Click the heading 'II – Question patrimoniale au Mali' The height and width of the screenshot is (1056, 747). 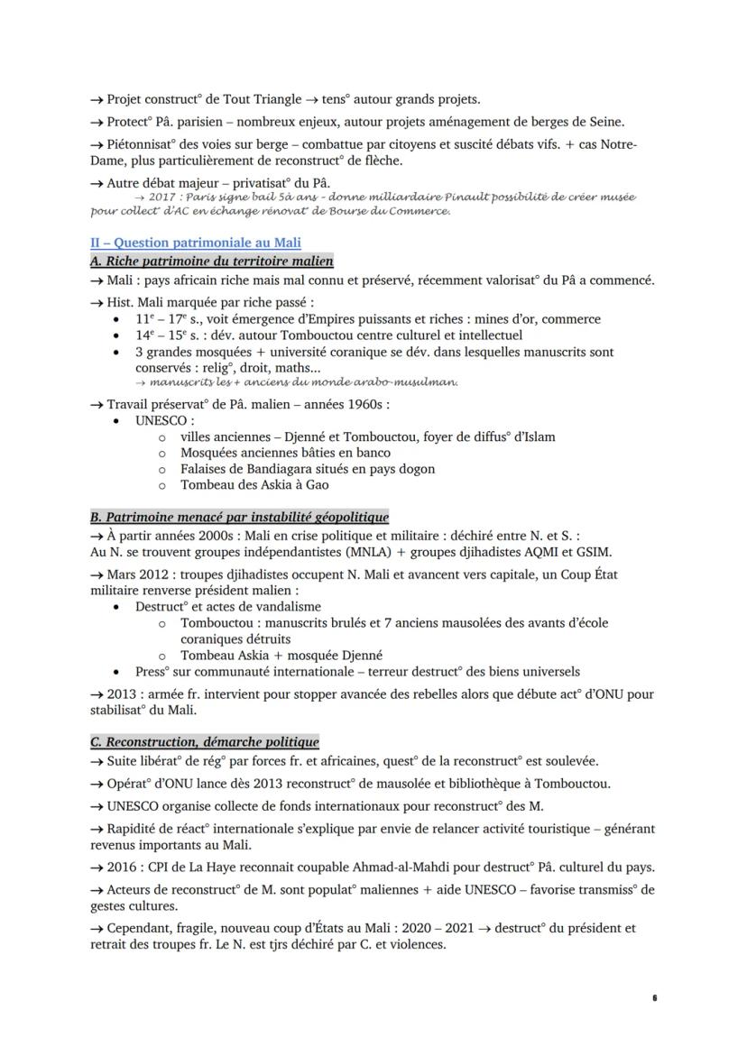[x=195, y=243]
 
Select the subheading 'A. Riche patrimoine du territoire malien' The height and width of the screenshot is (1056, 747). [x=212, y=262]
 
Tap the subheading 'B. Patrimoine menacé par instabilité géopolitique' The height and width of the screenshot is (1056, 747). [x=239, y=517]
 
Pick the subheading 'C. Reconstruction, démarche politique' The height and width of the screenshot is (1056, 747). [x=204, y=741]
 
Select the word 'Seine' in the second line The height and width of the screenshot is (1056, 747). [x=604, y=122]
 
